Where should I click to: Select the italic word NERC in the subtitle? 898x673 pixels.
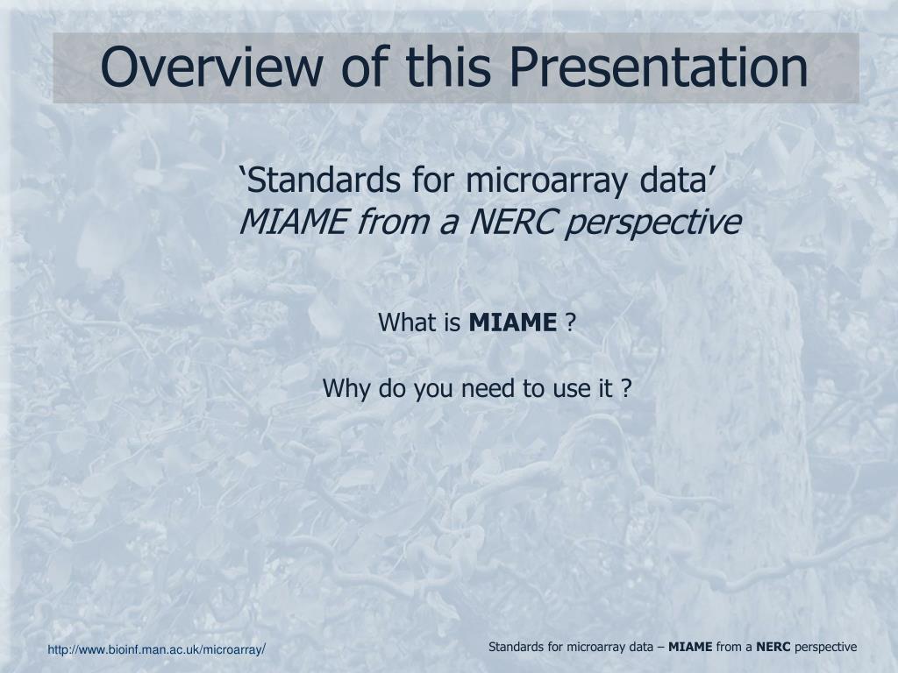coord(511,222)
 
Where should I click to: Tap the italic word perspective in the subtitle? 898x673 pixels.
coord(652,223)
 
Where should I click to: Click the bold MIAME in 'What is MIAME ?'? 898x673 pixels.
coord(512,322)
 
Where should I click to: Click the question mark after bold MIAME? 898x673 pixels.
coord(570,322)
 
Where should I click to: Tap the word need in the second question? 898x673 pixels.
coord(488,388)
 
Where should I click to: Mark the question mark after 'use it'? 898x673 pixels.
coord(626,388)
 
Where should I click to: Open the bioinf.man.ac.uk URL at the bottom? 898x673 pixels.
coord(156,650)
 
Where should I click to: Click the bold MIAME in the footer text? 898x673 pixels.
coord(691,648)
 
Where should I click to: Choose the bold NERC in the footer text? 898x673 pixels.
coord(773,648)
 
